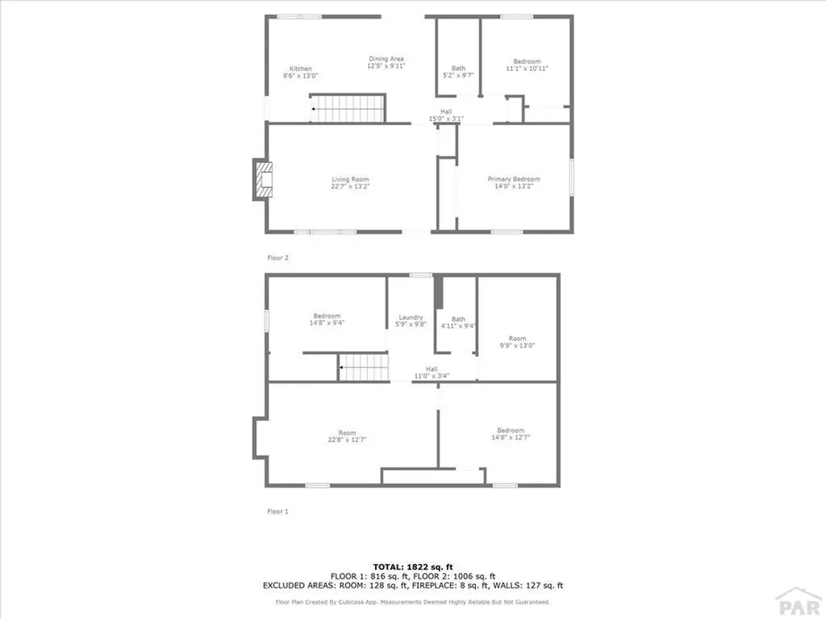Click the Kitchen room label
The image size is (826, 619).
(x=301, y=69)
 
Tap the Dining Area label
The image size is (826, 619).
(x=386, y=59)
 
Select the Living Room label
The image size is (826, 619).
(x=350, y=179)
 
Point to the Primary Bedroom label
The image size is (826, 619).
(x=514, y=179)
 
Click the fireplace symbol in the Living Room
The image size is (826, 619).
(x=262, y=180)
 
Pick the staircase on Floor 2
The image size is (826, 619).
(x=348, y=108)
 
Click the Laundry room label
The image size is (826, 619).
(x=411, y=318)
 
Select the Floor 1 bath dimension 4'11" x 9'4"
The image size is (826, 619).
(x=458, y=326)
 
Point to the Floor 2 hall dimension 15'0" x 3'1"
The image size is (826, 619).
(x=446, y=118)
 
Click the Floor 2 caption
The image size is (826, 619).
(x=277, y=258)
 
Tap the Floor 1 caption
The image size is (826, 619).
(x=277, y=511)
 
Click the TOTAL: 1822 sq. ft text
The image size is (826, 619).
(x=413, y=567)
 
